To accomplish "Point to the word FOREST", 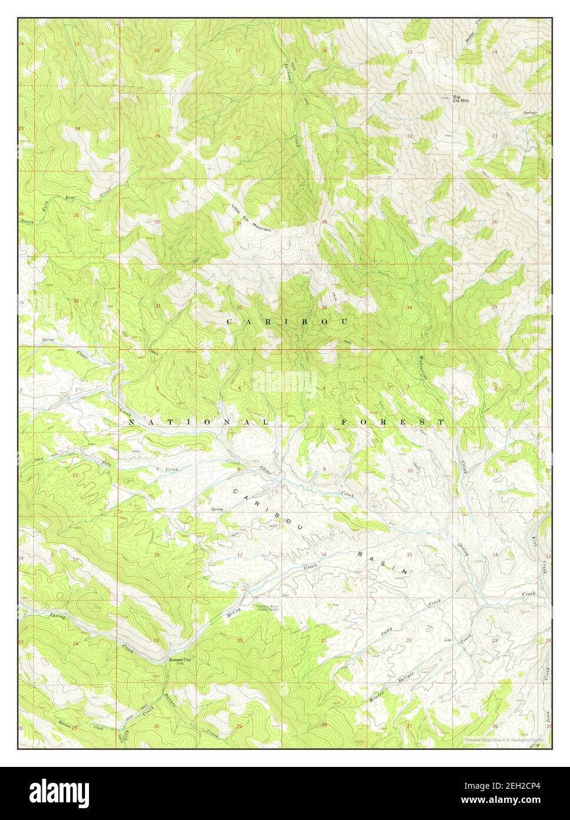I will pos(393,422).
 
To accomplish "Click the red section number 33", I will pos(324,307).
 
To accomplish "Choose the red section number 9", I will pos(324,470).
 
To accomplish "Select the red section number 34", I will pos(409,307).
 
